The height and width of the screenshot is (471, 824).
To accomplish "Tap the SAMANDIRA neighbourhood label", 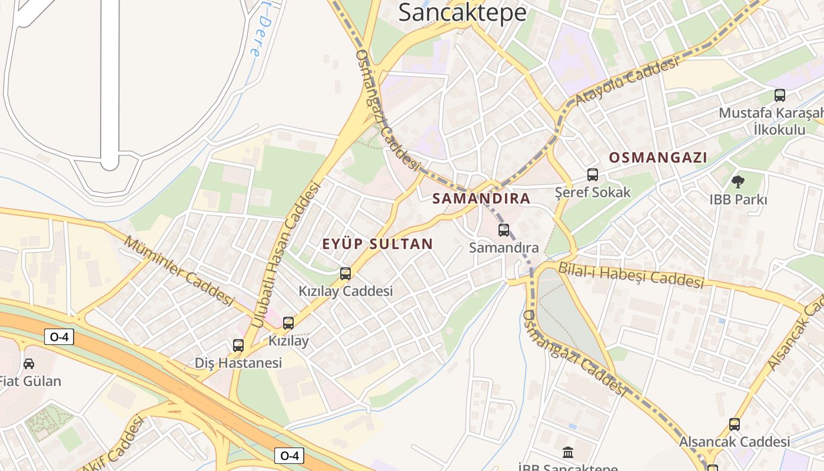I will click(481, 198).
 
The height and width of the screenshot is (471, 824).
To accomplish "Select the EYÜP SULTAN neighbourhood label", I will click(377, 244).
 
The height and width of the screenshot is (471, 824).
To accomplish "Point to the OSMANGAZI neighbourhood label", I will click(657, 158).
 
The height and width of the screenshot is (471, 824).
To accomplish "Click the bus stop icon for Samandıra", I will click(503, 230).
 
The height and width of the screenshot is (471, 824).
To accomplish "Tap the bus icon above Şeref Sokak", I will click(592, 175).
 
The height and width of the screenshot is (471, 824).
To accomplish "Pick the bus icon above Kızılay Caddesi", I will click(345, 273).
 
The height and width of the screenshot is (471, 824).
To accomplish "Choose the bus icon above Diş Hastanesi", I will click(238, 346).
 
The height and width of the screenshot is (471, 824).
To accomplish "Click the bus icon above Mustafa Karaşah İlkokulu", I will click(779, 95).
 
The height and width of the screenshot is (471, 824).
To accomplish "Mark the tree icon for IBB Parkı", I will click(737, 181).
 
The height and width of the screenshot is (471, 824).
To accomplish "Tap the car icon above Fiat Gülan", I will click(29, 363).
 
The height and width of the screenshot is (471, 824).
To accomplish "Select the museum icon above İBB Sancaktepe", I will click(568, 453).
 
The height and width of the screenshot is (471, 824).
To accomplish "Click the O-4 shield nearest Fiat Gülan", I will click(59, 337).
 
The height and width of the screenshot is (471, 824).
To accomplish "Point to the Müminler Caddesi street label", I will click(180, 270).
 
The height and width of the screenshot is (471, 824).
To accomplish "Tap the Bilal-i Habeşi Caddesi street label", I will click(630, 275).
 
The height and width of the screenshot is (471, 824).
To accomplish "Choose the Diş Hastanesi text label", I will click(238, 363).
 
